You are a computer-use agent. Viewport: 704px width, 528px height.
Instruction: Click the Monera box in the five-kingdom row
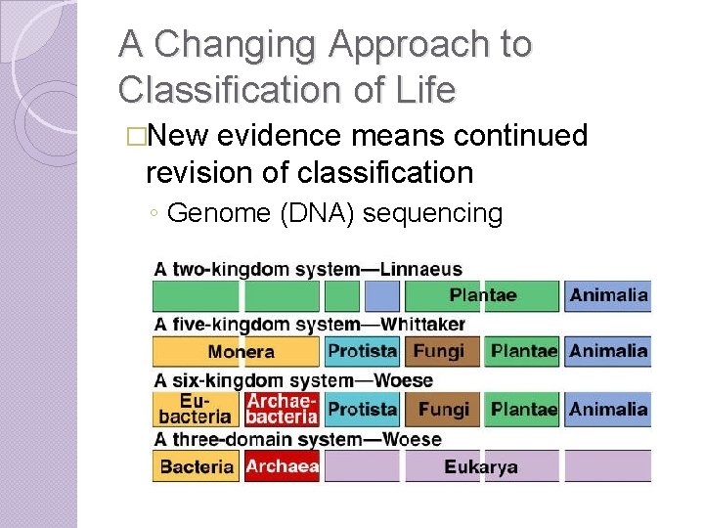click(240, 352)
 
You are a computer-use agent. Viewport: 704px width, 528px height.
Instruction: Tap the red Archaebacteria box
click(282, 409)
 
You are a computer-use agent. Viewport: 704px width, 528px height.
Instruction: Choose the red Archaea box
click(282, 466)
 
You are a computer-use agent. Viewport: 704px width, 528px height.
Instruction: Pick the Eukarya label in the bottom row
click(480, 466)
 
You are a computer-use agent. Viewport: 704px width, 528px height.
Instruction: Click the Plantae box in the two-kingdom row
click(482, 295)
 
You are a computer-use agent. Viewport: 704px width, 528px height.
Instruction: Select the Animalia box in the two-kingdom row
click(608, 295)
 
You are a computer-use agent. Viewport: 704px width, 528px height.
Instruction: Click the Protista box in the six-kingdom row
click(362, 409)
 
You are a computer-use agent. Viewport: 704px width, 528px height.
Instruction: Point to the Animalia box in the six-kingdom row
click(608, 409)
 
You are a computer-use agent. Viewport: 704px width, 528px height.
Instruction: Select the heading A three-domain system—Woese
click(297, 439)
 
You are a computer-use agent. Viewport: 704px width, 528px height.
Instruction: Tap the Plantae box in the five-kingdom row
click(523, 352)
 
